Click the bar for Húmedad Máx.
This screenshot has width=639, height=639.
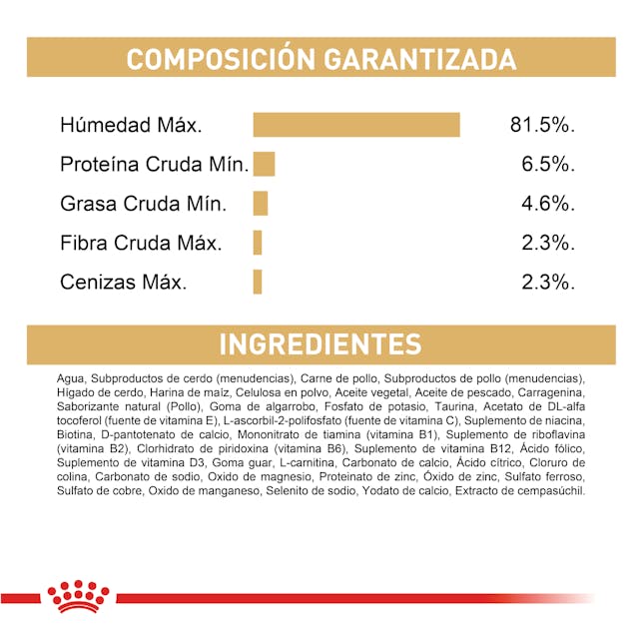[356, 125]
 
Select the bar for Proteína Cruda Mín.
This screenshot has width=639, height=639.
[264, 164]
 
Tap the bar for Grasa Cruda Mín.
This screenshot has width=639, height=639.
[261, 204]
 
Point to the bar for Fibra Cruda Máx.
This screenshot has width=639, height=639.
[258, 243]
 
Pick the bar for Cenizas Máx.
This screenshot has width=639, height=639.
[258, 282]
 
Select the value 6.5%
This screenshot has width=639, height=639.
[549, 165]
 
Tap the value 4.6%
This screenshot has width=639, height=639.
[549, 204]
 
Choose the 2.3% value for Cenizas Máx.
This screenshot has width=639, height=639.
[549, 283]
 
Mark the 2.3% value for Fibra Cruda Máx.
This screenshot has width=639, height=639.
[549, 243]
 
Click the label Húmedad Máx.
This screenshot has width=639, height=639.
[131, 126]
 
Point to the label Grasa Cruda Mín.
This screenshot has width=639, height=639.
[144, 204]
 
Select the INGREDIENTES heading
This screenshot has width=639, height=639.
[319, 344]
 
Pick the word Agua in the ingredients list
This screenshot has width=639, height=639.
[72, 379]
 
